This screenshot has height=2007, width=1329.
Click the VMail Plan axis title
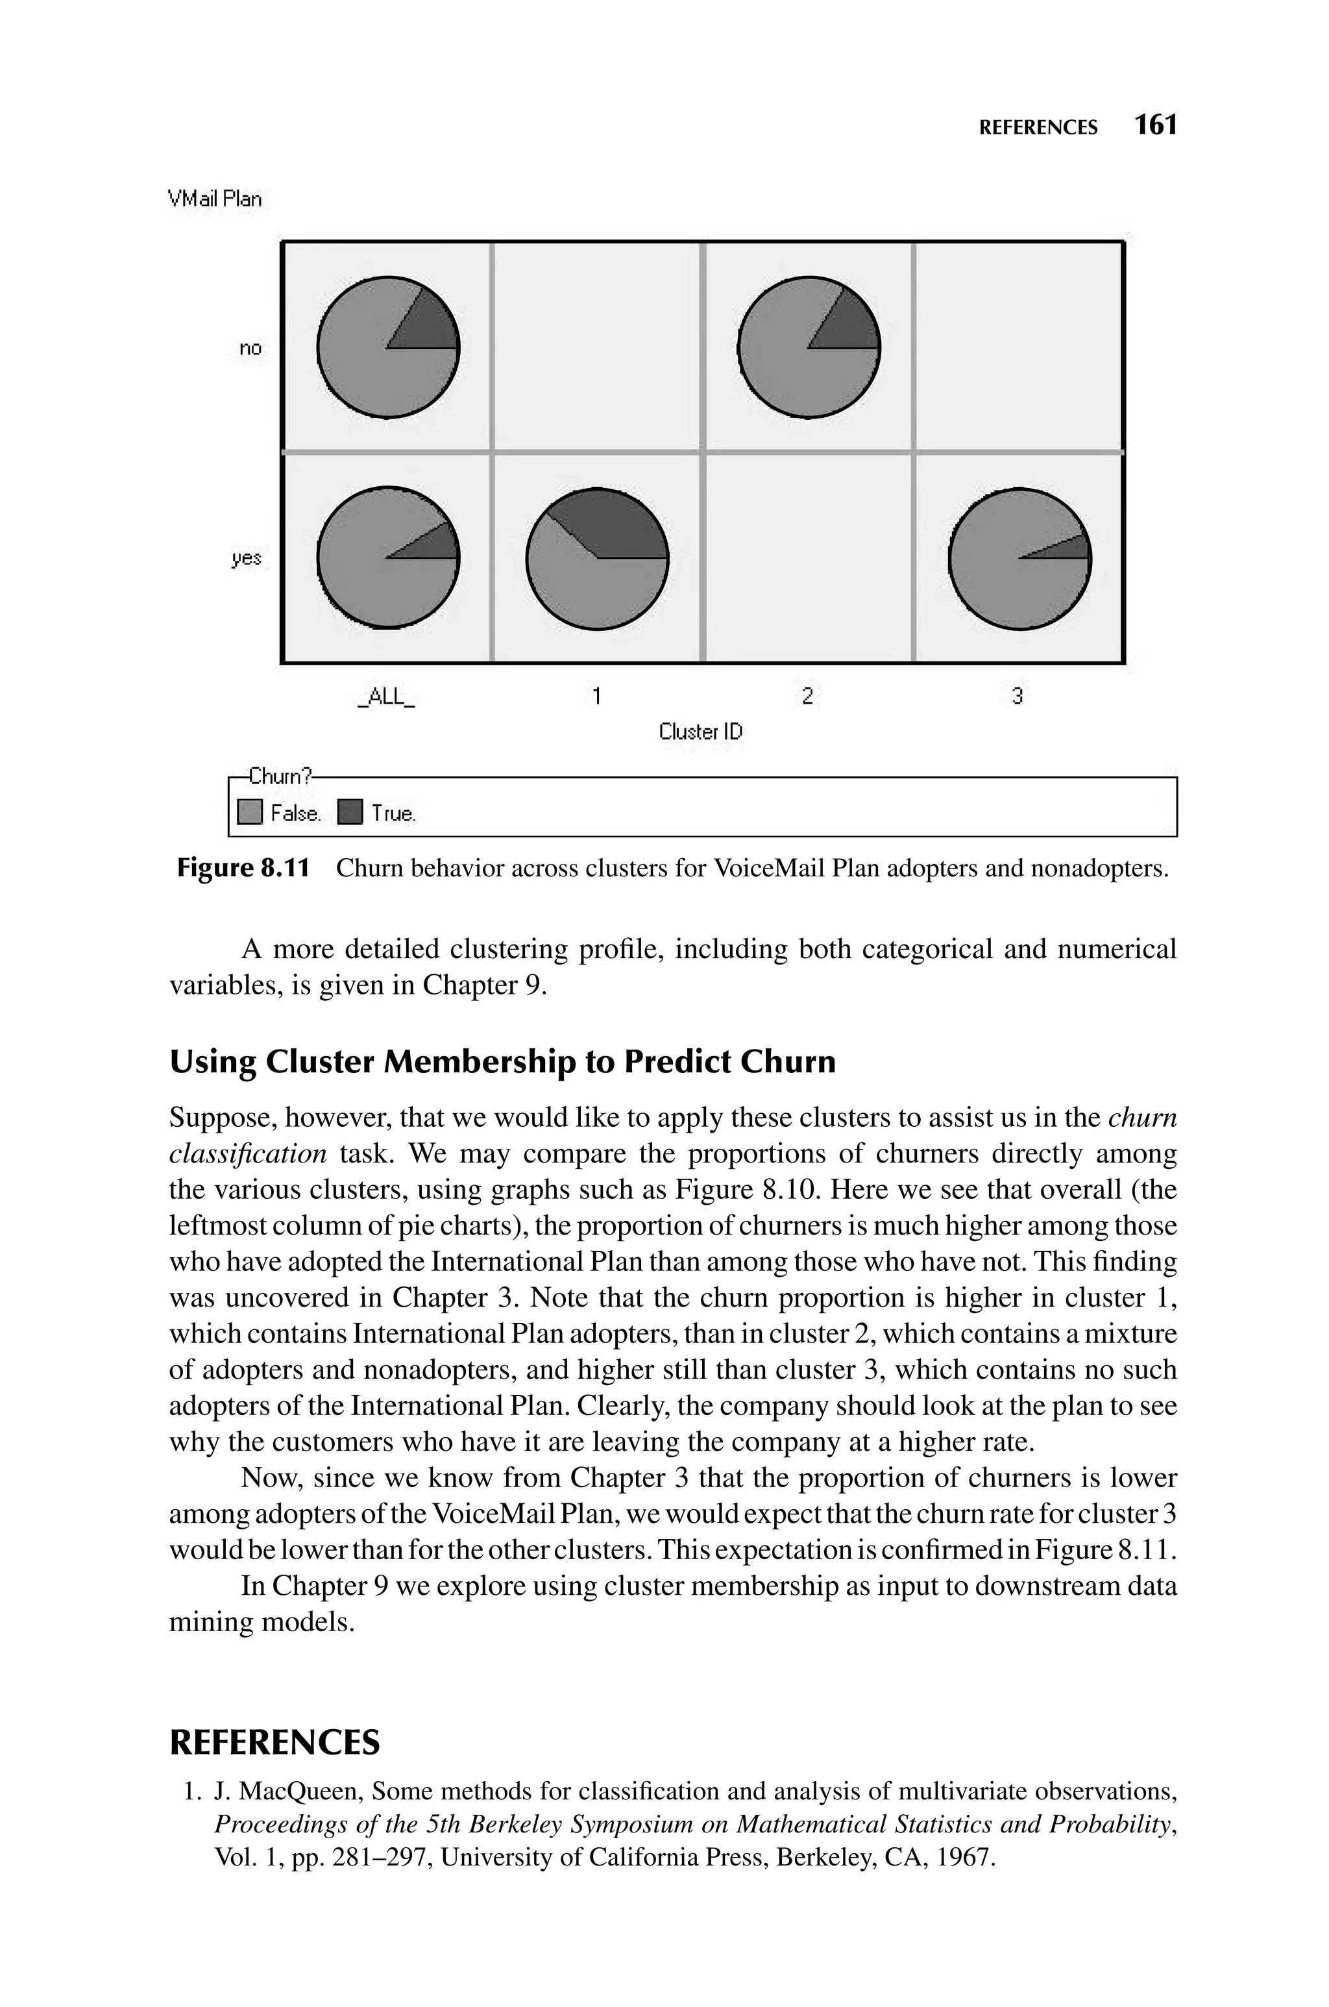point(215,199)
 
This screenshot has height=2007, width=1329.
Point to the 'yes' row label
point(247,558)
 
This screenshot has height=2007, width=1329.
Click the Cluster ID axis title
point(700,732)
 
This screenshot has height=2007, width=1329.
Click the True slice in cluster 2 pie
point(852,326)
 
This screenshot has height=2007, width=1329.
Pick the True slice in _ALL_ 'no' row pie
point(431,326)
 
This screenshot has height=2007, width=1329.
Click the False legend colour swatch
point(250,813)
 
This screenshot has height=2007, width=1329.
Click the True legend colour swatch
point(350,813)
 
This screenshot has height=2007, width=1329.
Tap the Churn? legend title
point(280,776)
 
